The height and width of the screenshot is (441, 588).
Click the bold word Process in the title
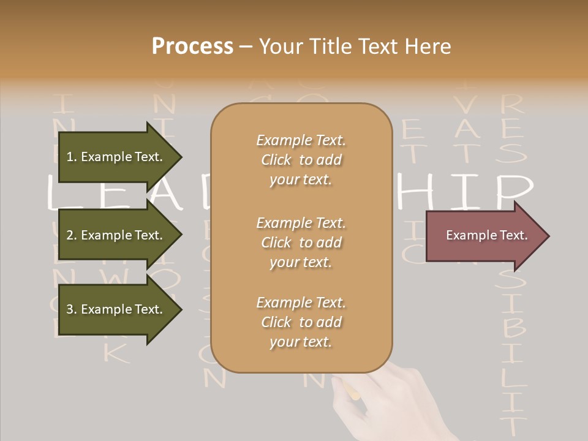point(192,47)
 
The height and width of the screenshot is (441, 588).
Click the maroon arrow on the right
point(484,235)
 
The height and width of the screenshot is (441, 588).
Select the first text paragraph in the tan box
point(301,160)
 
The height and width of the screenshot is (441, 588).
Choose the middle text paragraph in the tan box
point(301,243)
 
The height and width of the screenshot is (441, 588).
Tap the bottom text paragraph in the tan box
point(301,322)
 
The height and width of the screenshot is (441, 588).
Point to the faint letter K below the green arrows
point(116,352)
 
